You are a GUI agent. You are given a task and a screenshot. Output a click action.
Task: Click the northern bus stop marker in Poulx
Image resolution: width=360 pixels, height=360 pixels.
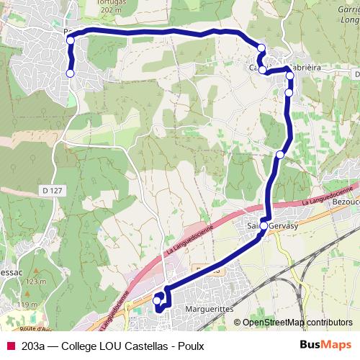point(71,40)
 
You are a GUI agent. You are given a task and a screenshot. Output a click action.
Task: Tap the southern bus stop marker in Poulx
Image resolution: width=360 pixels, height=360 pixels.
point(71,73)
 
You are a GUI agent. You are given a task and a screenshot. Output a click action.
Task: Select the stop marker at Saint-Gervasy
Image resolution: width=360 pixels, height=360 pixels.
point(264,226)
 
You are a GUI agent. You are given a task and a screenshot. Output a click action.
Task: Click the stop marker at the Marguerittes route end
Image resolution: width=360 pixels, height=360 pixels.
point(158,300)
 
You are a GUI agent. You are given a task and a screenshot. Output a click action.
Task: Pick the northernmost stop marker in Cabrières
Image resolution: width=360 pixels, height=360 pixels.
point(261,48)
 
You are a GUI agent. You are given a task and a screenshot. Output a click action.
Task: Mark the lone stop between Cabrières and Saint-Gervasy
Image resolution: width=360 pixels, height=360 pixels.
point(280,154)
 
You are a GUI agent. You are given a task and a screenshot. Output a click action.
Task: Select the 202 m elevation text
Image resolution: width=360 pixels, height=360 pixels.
point(129,11)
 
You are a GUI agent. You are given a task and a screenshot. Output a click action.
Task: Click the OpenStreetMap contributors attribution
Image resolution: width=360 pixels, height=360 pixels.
point(297,322)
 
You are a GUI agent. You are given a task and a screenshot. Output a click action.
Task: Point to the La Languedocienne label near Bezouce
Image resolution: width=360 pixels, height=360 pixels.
point(327,197)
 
